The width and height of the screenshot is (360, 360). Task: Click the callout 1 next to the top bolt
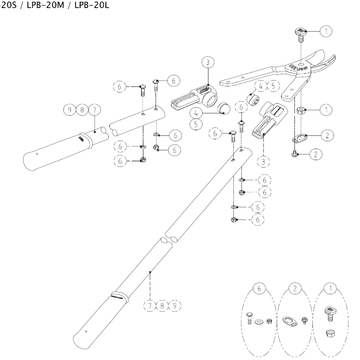point(326,31)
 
